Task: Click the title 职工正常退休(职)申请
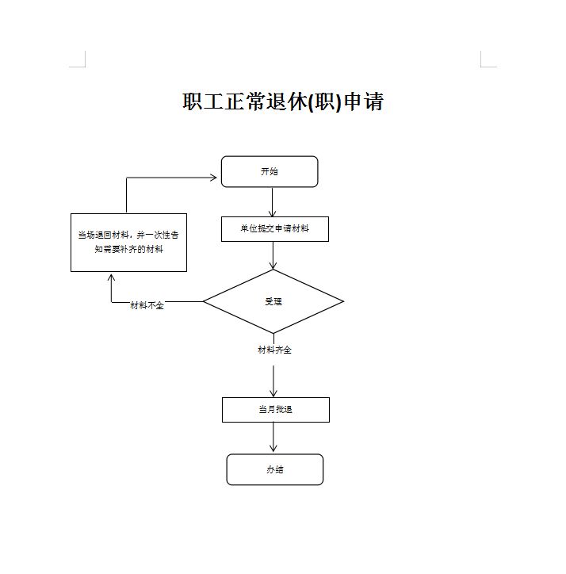pos(283,102)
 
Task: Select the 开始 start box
pos(270,172)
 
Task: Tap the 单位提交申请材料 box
pos(274,229)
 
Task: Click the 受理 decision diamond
pos(273,301)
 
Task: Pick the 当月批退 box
pos(275,410)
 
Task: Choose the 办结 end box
pos(274,469)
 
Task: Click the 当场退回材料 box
pos(128,243)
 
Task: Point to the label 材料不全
pos(147,306)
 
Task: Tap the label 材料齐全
pos(274,350)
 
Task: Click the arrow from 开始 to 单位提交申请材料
pos(273,202)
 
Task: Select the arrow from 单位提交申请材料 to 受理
pos(273,255)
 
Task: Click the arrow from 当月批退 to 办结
pos(273,438)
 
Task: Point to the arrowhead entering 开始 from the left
pos(212,178)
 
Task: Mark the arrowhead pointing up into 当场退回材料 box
pos(111,277)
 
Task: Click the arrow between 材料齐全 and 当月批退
pos(273,381)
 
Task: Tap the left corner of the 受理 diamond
pos(205,301)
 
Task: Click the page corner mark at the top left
pos(79,61)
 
